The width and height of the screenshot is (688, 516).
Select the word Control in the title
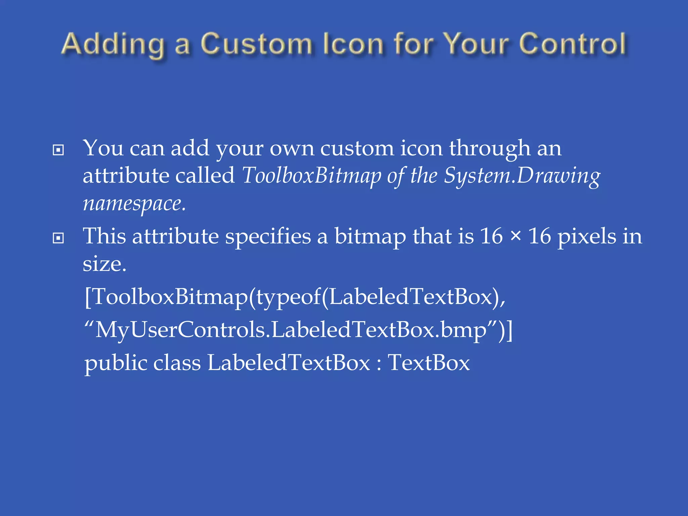tap(572, 44)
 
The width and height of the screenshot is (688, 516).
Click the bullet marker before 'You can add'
tap(58, 150)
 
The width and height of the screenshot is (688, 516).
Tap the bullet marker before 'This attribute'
tap(58, 238)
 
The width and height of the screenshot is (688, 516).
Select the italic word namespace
tap(134, 204)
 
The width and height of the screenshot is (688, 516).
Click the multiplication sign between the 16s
tap(515, 236)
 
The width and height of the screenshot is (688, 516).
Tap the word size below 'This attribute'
tap(104, 264)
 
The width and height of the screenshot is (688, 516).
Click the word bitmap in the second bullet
tap(370, 236)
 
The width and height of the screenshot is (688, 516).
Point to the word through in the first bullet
tap(490, 148)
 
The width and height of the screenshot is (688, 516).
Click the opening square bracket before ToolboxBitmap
tap(88, 297)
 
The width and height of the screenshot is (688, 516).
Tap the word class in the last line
tap(177, 363)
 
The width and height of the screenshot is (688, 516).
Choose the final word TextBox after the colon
tap(429, 363)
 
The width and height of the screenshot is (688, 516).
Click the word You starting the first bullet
tap(103, 148)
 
